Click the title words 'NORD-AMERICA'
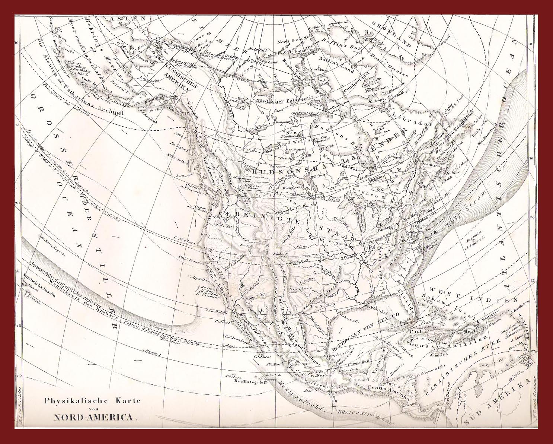(95, 417)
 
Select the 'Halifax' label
(453, 172)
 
